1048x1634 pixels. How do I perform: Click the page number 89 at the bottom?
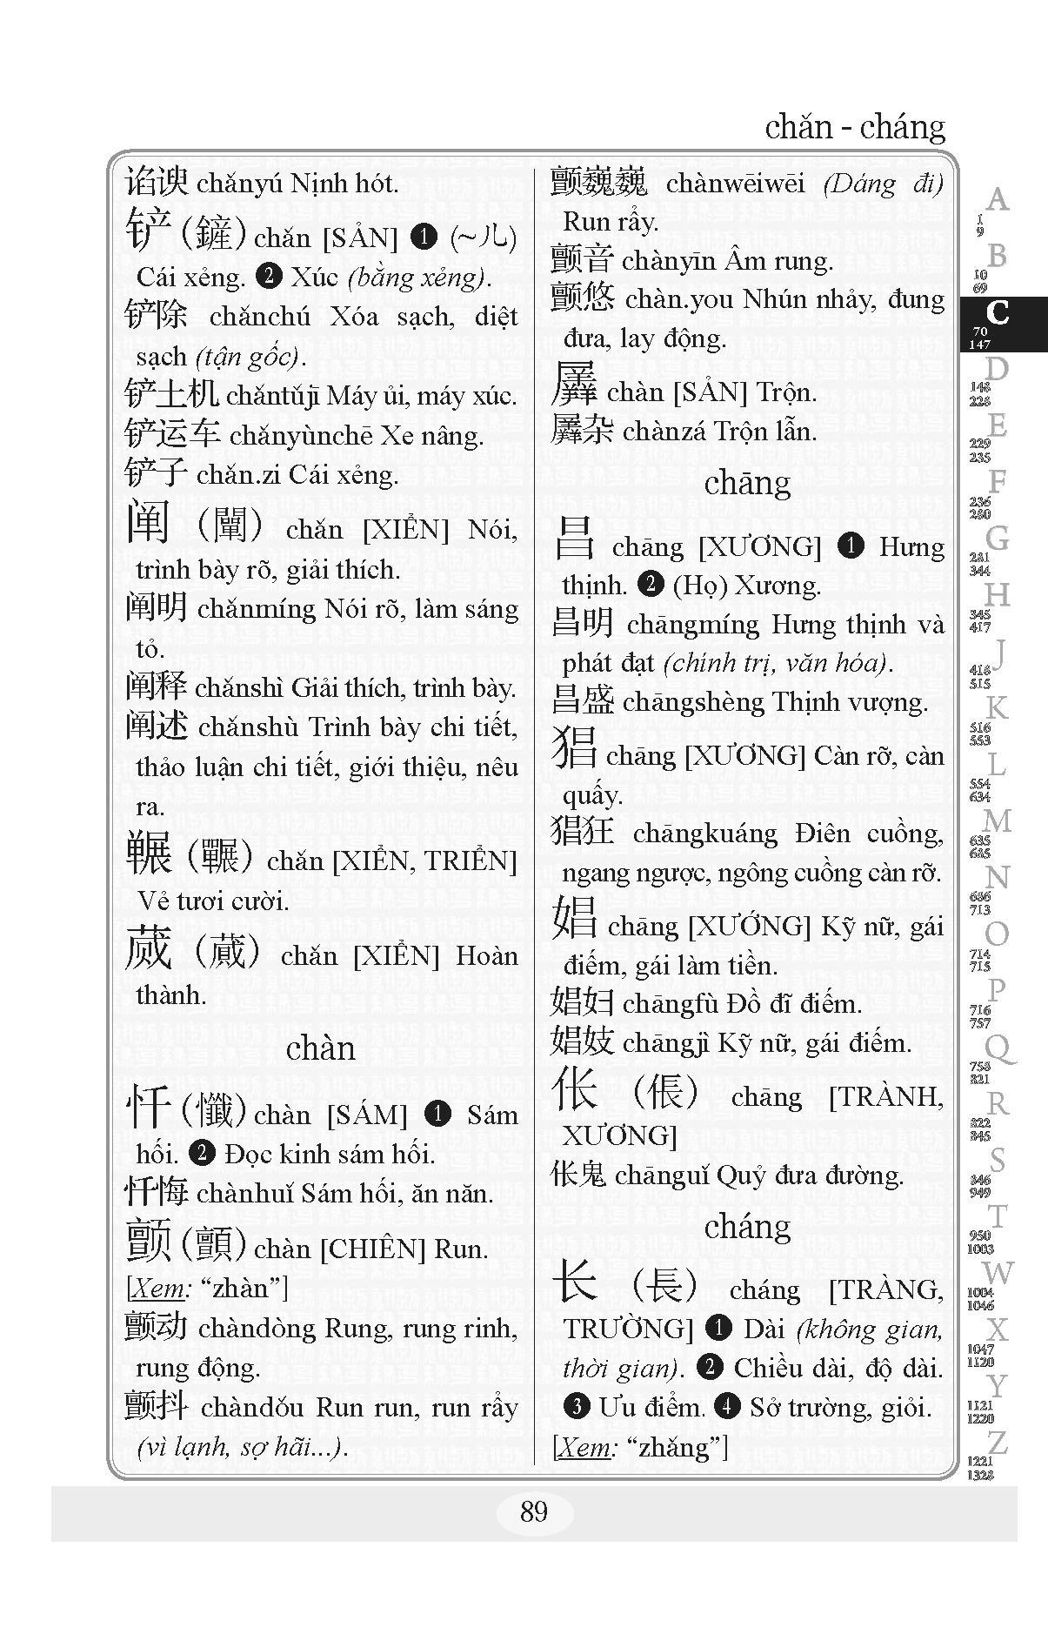[x=533, y=1512]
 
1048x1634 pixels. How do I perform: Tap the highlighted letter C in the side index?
[x=998, y=313]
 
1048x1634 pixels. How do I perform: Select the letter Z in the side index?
[x=997, y=1443]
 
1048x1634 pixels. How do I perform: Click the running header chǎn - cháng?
[x=854, y=128]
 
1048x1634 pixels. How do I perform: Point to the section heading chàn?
[x=320, y=1048]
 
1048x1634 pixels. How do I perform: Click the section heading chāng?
[x=747, y=483]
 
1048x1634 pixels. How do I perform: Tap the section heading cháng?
[x=747, y=1227]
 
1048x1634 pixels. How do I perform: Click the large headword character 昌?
[x=574, y=539]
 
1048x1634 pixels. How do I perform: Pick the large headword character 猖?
[x=575, y=749]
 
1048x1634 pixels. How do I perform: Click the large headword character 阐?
[x=148, y=522]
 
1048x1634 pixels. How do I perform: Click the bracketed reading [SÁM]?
[x=367, y=1115]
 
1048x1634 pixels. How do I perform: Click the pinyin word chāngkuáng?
[x=704, y=834]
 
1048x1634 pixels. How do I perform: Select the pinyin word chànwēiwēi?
[x=735, y=184]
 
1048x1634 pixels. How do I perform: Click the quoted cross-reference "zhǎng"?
[x=682, y=1447]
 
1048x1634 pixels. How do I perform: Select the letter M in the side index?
[x=997, y=820]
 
